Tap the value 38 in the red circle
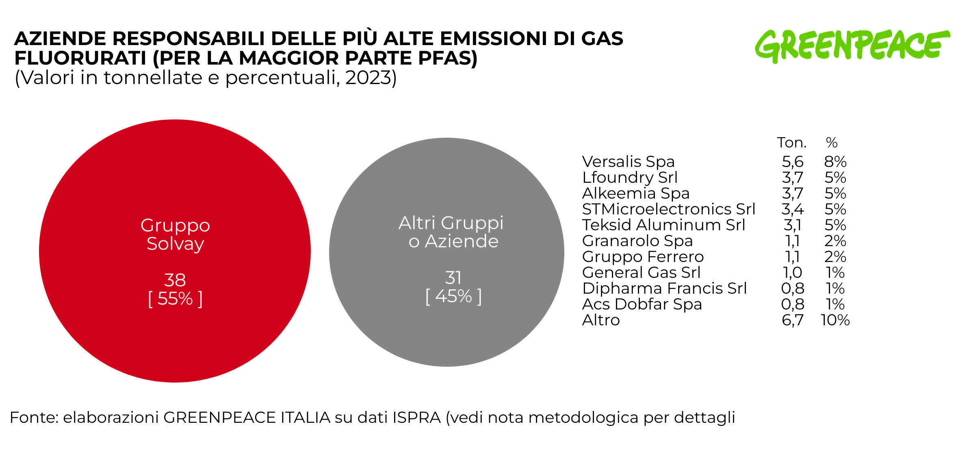pyautogui.click(x=175, y=280)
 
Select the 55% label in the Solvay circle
pyautogui.click(x=175, y=299)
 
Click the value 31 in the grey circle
pyautogui.click(x=453, y=278)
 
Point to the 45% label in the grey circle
pyautogui.click(x=453, y=296)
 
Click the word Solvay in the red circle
pyautogui.click(x=175, y=244)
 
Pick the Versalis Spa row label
pyautogui.click(x=628, y=162)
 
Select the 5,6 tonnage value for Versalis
pyautogui.click(x=792, y=162)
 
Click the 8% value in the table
pyautogui.click(x=835, y=162)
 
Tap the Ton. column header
pyautogui.click(x=791, y=143)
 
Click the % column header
pyautogui.click(x=832, y=143)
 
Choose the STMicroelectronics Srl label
pyautogui.click(x=668, y=209)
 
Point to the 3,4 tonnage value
pyautogui.click(x=792, y=209)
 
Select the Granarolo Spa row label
pyautogui.click(x=637, y=241)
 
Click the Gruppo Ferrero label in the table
pyautogui.click(x=643, y=257)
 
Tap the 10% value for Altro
pyautogui.click(x=835, y=320)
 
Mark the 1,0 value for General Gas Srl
pyautogui.click(x=792, y=273)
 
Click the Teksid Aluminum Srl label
pyautogui.click(x=663, y=225)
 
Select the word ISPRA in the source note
pyautogui.click(x=416, y=418)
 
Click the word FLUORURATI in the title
pyautogui.click(x=80, y=58)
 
